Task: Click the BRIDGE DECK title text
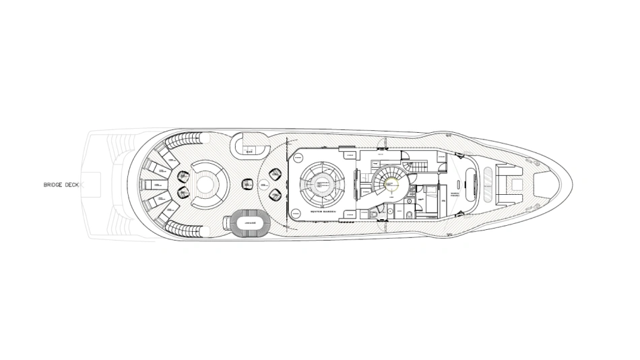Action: [x=61, y=185]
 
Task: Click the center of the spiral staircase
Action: [x=388, y=180]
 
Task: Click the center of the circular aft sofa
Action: [x=206, y=181]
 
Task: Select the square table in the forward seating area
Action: [x=516, y=183]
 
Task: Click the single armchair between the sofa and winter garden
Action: [x=247, y=184]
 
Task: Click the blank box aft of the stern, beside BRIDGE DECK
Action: [x=92, y=182]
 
